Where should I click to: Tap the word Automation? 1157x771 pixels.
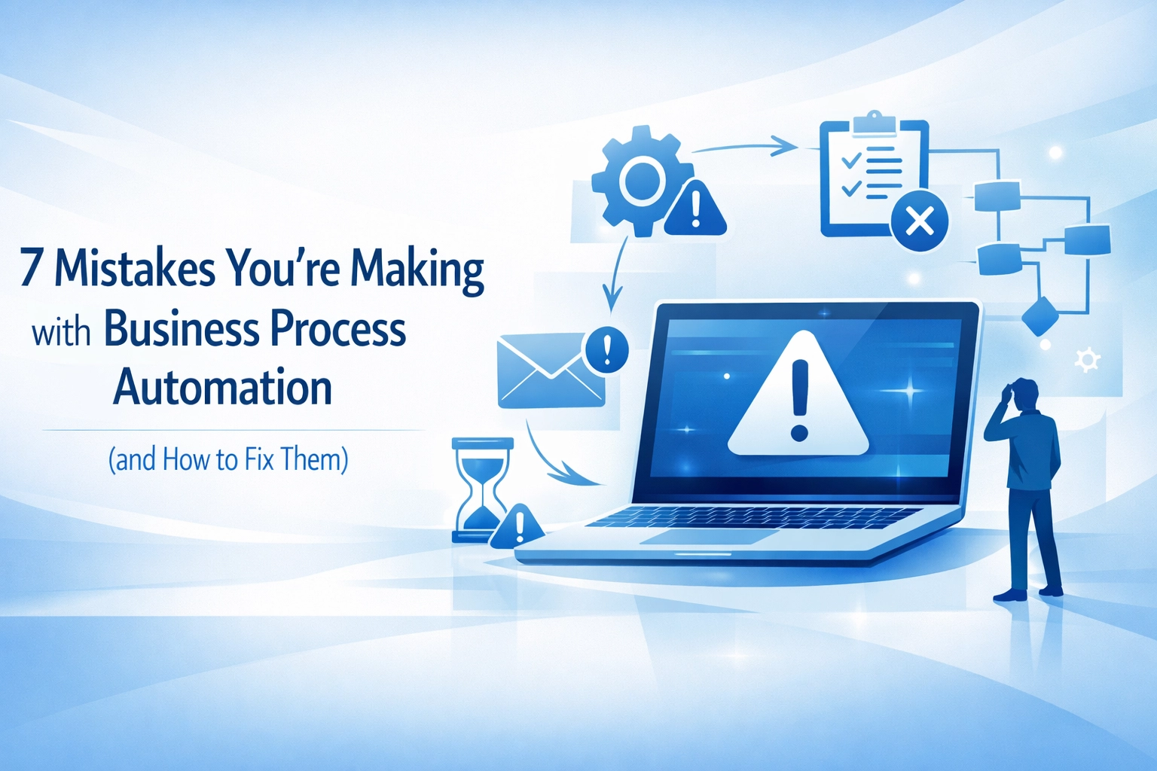223,388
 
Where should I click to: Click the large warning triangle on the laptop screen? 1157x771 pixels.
798,399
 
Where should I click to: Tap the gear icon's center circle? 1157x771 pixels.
641,180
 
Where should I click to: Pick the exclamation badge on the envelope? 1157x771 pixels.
606,349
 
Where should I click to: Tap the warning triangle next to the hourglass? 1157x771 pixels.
517,526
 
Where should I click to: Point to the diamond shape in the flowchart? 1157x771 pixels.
1040,316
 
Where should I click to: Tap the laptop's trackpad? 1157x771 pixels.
708,537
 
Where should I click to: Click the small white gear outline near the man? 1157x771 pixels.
1086,360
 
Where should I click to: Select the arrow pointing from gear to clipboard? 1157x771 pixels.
746,146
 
